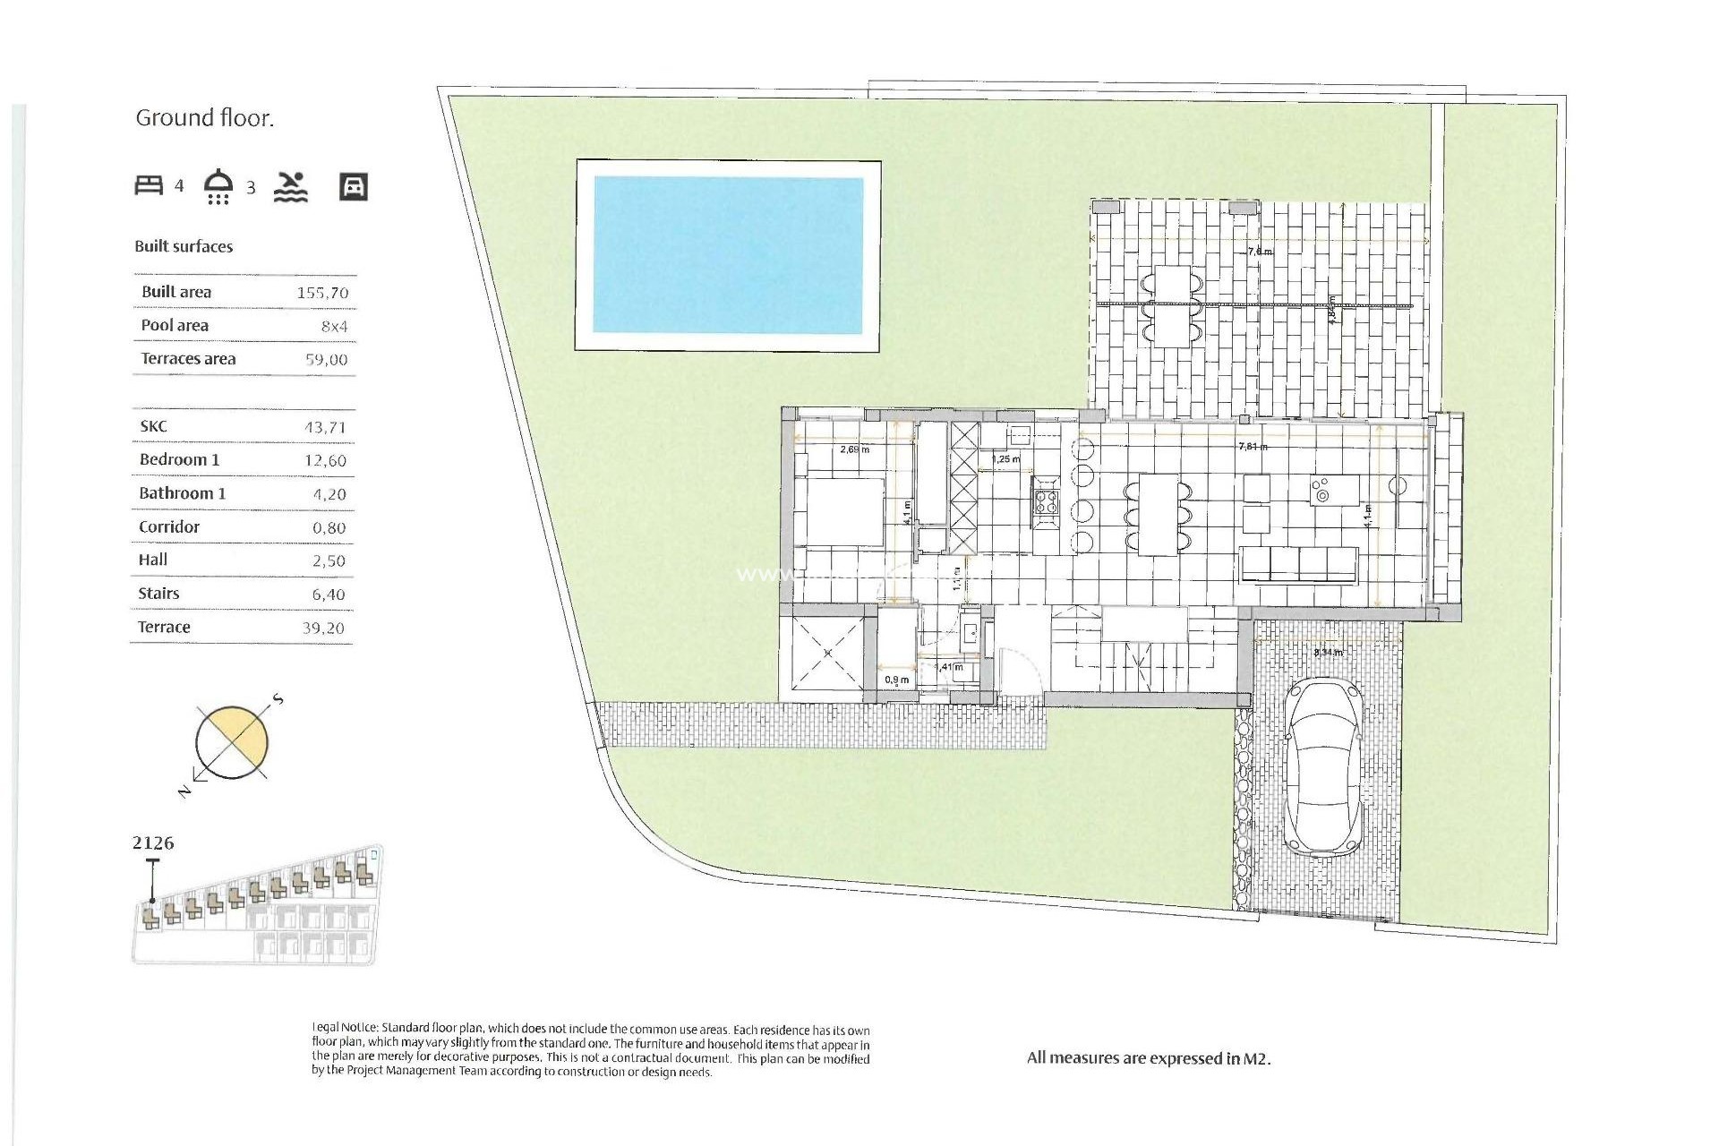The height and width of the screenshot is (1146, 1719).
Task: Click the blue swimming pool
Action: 728,255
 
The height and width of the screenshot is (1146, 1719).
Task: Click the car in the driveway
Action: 1325,765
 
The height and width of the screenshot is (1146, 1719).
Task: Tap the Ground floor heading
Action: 204,118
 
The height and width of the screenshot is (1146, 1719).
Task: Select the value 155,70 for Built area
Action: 322,293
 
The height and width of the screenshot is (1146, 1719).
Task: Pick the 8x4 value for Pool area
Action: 334,327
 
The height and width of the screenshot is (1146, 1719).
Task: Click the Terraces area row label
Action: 188,359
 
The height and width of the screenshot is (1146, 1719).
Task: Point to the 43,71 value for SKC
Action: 324,428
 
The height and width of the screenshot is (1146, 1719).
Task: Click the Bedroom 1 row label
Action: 179,460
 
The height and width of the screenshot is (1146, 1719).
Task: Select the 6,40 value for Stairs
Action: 329,594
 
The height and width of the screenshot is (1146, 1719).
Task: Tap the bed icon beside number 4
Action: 149,185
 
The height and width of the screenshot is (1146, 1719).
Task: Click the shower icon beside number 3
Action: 218,186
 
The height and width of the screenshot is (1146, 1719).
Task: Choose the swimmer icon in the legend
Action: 291,186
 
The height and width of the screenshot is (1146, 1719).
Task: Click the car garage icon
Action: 354,186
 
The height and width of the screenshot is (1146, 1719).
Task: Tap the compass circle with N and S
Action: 232,741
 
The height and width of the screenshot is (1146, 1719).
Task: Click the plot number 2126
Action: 153,842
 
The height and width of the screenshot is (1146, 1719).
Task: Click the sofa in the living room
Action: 1298,564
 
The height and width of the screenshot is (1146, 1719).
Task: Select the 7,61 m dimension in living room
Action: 1252,446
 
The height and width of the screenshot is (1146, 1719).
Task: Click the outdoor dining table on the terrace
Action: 1172,306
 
